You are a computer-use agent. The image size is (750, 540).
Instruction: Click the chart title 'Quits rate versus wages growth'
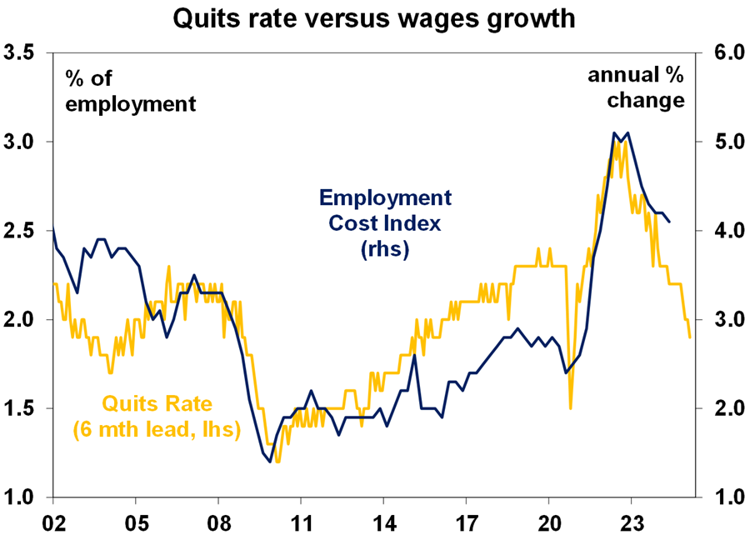click(x=373, y=18)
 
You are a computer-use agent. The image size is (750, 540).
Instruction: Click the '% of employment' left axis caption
click(x=130, y=91)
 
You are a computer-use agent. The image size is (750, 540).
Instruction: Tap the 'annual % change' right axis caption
click(x=637, y=87)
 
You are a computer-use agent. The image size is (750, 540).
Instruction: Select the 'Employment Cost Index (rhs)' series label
click(x=384, y=223)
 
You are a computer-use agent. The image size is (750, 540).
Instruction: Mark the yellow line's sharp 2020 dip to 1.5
click(x=571, y=407)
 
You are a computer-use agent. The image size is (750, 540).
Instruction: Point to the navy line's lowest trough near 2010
click(x=270, y=462)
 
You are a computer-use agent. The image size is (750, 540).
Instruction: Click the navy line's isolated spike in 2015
click(x=414, y=356)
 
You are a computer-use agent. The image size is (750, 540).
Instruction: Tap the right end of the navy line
click(x=670, y=222)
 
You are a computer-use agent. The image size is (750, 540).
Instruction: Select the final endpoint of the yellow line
click(x=690, y=337)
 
